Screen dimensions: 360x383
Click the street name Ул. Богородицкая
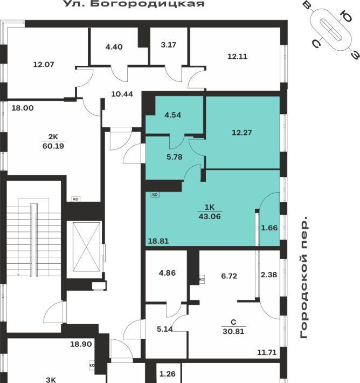pos(134,4)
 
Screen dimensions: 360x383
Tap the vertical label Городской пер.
pos(304,277)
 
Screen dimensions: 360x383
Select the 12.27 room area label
pos(241,133)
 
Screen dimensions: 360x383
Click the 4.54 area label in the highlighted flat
pos(173,115)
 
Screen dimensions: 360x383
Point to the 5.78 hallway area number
pos(175,157)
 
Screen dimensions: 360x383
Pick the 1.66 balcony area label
pos(269,228)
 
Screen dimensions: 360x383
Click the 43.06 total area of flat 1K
pos(210,216)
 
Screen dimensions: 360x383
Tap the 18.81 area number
pos(158,241)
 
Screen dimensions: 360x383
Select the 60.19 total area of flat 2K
pos(53,146)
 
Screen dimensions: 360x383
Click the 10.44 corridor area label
pos(122,94)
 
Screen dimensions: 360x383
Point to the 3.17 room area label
pos(168,45)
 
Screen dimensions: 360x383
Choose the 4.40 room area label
pos(114,46)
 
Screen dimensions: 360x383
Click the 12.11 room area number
pos(237,57)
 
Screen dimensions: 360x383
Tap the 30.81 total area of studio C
pos(233,331)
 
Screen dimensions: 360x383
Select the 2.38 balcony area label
pos(269,275)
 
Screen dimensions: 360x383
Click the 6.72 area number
pos(229,276)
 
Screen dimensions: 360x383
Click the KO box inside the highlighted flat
pos(155,194)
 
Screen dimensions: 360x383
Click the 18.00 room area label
pos(23,108)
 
